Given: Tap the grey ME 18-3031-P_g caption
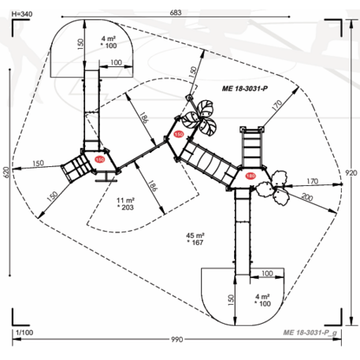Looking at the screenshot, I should point(310,332).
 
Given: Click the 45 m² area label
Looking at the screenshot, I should point(194,235).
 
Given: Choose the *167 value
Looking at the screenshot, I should point(195,243).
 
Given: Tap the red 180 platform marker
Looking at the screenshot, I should point(99,159).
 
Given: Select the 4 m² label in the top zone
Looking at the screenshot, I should point(108,38).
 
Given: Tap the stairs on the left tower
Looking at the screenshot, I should point(76,166).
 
